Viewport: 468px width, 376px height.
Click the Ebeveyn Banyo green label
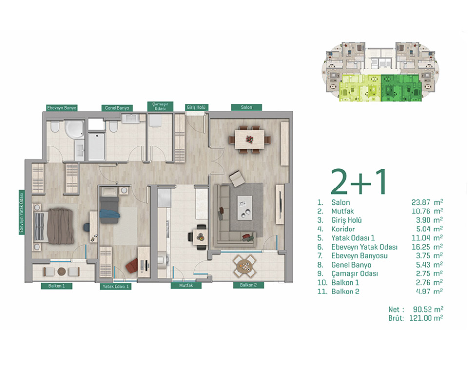coord(62,108)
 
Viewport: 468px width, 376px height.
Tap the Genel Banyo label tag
coord(117,108)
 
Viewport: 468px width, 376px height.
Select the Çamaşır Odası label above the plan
coord(160,106)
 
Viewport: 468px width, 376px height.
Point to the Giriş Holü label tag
coord(196,107)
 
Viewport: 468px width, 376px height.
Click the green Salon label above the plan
coord(246,107)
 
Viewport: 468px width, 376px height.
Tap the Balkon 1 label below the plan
coord(57,286)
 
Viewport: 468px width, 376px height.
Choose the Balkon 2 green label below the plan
coord(248,285)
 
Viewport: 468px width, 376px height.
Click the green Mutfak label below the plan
coord(186,286)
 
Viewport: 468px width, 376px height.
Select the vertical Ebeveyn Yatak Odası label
coord(21,212)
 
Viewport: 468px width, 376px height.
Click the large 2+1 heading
coord(359,182)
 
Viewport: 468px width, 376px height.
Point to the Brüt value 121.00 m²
coord(426,318)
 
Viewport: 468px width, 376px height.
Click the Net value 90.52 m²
coord(428,309)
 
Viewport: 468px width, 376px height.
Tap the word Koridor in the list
coord(343,229)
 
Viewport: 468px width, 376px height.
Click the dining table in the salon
coord(250,139)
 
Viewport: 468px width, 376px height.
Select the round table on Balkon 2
coord(245,266)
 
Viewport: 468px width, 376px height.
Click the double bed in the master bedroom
coord(54,226)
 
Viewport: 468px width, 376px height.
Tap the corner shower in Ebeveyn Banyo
coord(75,129)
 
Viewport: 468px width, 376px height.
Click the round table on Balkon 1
coord(61,272)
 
